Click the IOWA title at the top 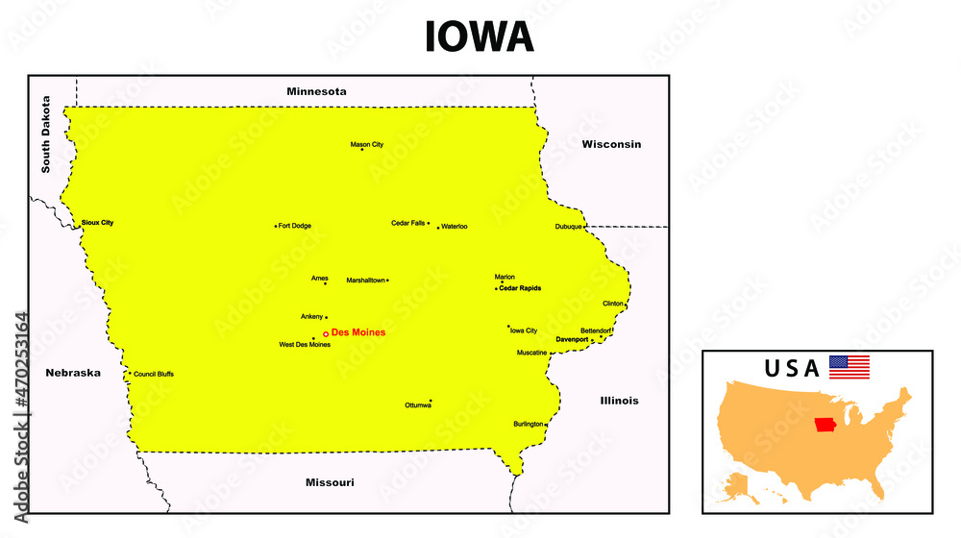pyautogui.click(x=480, y=37)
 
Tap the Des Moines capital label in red pyautogui.click(x=358, y=332)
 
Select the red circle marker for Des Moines pyautogui.click(x=326, y=333)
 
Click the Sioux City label pyautogui.click(x=98, y=222)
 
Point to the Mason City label pyautogui.click(x=366, y=144)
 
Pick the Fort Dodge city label pyautogui.click(x=294, y=226)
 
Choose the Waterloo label pyautogui.click(x=455, y=227)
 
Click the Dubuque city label pyautogui.click(x=568, y=227)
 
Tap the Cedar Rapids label pyautogui.click(x=520, y=288)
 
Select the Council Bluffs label pyautogui.click(x=154, y=374)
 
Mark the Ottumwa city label pyautogui.click(x=418, y=405)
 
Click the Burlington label pyautogui.click(x=528, y=424)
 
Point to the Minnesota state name pyautogui.click(x=316, y=91)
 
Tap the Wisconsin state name pyautogui.click(x=611, y=144)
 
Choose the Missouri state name pyautogui.click(x=330, y=482)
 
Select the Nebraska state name pyautogui.click(x=73, y=373)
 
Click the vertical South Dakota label pyautogui.click(x=45, y=134)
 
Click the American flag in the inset pyautogui.click(x=849, y=367)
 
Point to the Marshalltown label pyautogui.click(x=366, y=281)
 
